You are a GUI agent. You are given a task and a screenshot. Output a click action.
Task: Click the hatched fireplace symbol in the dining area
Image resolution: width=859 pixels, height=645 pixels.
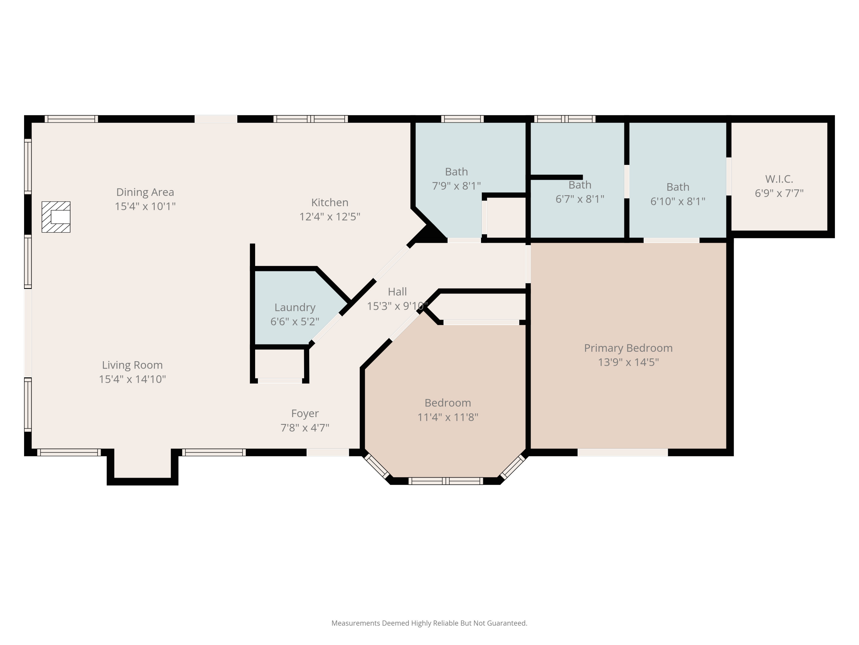pos(56,217)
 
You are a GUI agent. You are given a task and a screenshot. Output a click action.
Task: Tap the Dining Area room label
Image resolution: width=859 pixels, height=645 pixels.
pos(145,192)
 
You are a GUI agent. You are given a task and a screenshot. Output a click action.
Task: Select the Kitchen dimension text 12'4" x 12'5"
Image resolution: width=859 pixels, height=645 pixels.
pos(330,216)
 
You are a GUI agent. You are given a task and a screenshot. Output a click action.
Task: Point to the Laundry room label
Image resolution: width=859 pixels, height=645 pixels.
pos(295,308)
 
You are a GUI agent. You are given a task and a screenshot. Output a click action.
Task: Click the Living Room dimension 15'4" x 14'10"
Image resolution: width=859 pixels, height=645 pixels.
pos(132,379)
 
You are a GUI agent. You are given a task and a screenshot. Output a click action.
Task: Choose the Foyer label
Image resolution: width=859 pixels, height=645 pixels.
pos(305,414)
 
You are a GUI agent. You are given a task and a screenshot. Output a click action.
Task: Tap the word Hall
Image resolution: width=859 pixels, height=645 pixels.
pos(397,292)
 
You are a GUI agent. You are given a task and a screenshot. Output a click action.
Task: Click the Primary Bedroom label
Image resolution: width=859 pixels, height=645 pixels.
pos(628,348)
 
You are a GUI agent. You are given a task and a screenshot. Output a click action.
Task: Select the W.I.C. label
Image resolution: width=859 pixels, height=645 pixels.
pos(779,179)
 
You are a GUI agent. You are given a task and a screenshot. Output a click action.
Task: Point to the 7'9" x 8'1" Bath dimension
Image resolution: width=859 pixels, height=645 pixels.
pos(456,186)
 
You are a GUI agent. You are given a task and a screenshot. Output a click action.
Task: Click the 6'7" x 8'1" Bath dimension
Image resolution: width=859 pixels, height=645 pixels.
pos(580,199)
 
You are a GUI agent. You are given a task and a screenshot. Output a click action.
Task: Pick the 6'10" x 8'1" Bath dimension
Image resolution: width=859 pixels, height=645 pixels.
pos(678,202)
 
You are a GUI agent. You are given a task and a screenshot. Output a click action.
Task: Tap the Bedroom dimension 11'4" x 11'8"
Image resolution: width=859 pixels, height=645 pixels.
pos(448,417)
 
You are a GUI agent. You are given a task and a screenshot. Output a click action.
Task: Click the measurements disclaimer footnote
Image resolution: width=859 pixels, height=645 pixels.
pos(429,623)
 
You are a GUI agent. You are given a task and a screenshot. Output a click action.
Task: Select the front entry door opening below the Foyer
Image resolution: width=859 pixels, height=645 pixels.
pos(328,452)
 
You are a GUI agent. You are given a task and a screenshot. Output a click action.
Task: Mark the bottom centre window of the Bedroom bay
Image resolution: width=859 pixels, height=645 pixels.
pos(446,481)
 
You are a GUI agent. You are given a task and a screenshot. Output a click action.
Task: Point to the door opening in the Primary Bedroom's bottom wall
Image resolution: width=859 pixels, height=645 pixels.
pos(622,452)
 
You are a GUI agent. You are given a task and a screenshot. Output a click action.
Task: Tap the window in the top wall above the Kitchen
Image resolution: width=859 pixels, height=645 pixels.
pos(310,119)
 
